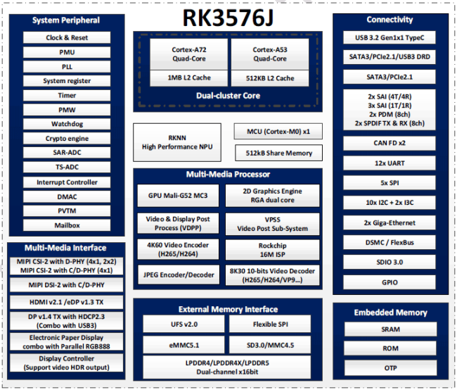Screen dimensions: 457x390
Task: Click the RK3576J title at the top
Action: (228, 18)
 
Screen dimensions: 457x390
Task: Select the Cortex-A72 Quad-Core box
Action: (188, 54)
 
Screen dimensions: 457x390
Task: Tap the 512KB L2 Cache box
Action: (270, 78)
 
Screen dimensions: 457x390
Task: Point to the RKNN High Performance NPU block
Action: (177, 142)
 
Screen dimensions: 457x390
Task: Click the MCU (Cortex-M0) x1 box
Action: (278, 132)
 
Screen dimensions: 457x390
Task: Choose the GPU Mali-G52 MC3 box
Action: (178, 196)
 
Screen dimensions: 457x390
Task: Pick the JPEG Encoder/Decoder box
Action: (179, 275)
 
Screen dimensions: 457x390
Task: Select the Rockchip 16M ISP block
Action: (272, 250)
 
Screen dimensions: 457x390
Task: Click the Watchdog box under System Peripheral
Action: (67, 124)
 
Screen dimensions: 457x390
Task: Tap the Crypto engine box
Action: (67, 139)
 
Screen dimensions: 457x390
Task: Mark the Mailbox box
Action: (67, 225)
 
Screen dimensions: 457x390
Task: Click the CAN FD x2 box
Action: (390, 143)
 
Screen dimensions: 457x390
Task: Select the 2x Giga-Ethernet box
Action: (390, 222)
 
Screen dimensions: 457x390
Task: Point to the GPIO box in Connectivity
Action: (390, 282)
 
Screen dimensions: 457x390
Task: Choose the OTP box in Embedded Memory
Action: (390, 367)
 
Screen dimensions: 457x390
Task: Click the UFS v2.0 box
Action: (184, 324)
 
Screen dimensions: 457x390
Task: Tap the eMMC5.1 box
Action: (184, 345)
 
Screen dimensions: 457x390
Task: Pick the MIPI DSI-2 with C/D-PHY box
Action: (67, 285)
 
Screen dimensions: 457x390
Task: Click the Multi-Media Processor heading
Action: (228, 175)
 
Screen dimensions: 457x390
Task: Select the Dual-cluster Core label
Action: (228, 96)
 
